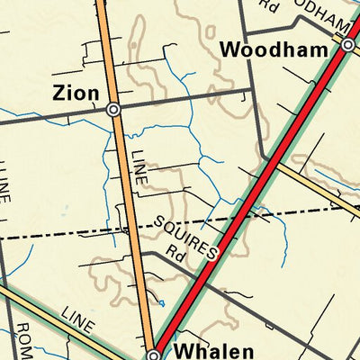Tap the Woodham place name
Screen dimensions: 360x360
tap(274, 50)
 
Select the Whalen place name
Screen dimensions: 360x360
tap(209, 350)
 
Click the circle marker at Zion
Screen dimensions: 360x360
tap(113, 109)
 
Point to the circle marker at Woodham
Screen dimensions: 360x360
tap(347, 42)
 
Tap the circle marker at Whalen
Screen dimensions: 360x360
tap(154, 355)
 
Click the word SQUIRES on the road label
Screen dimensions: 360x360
tap(184, 236)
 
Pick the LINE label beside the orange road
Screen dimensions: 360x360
tap(138, 166)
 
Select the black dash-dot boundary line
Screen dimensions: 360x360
tap(72, 233)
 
